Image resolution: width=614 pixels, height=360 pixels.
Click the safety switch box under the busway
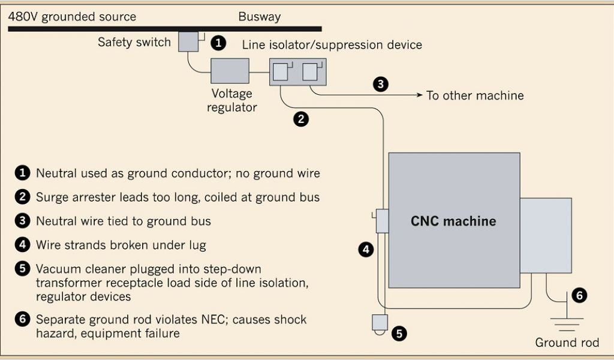188,41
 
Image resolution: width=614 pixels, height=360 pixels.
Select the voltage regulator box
230,71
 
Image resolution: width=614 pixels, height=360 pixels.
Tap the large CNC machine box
455,220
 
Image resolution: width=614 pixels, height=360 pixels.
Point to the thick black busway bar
165,29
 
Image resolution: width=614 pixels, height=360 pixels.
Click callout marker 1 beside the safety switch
218,43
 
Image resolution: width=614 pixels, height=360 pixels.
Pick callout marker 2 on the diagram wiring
301,119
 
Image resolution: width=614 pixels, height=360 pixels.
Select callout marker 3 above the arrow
381,84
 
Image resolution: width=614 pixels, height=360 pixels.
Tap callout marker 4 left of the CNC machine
366,250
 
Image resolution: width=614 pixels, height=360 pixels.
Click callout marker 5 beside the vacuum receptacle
399,334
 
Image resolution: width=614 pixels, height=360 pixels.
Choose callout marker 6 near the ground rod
580,295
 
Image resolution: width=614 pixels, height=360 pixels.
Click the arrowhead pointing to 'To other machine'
419,95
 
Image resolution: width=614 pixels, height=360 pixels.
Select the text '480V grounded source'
72,17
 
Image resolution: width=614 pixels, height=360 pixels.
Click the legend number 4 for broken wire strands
22,245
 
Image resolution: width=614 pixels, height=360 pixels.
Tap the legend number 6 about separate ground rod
22,319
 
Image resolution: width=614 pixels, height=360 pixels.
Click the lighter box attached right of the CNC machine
546,235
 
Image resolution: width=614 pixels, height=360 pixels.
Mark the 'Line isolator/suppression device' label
332,44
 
